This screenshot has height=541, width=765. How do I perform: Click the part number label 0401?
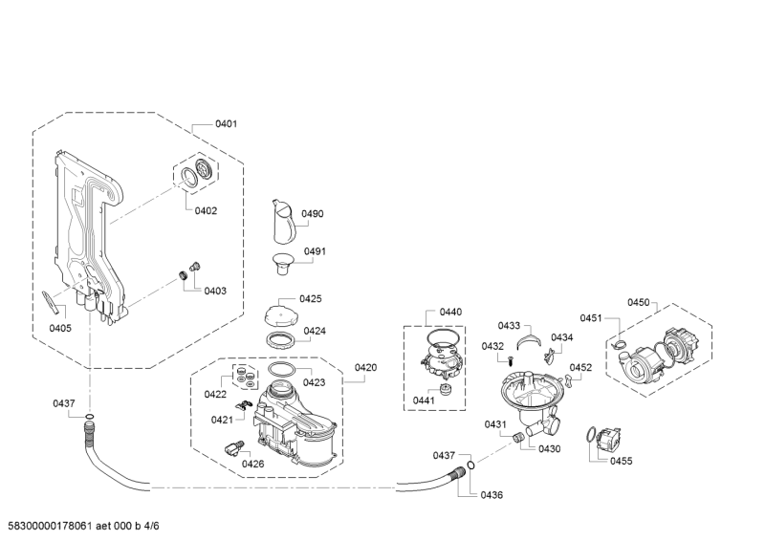(227, 124)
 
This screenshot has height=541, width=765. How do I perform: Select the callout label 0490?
(314, 214)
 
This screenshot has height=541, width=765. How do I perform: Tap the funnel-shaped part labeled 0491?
(283, 260)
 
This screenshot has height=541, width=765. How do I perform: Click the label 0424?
(315, 332)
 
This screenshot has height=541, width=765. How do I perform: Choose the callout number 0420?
(365, 368)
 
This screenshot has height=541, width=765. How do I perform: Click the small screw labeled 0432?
(512, 360)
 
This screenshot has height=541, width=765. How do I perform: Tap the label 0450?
(638, 303)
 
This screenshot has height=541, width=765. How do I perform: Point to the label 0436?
(492, 494)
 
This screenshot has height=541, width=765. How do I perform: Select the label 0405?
(60, 328)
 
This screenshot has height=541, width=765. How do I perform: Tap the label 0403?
(215, 291)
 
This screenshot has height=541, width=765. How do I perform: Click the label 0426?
(252, 465)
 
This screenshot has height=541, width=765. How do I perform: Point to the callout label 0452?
(581, 367)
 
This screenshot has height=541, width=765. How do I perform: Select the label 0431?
(494, 424)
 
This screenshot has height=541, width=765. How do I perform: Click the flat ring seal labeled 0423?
(282, 370)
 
